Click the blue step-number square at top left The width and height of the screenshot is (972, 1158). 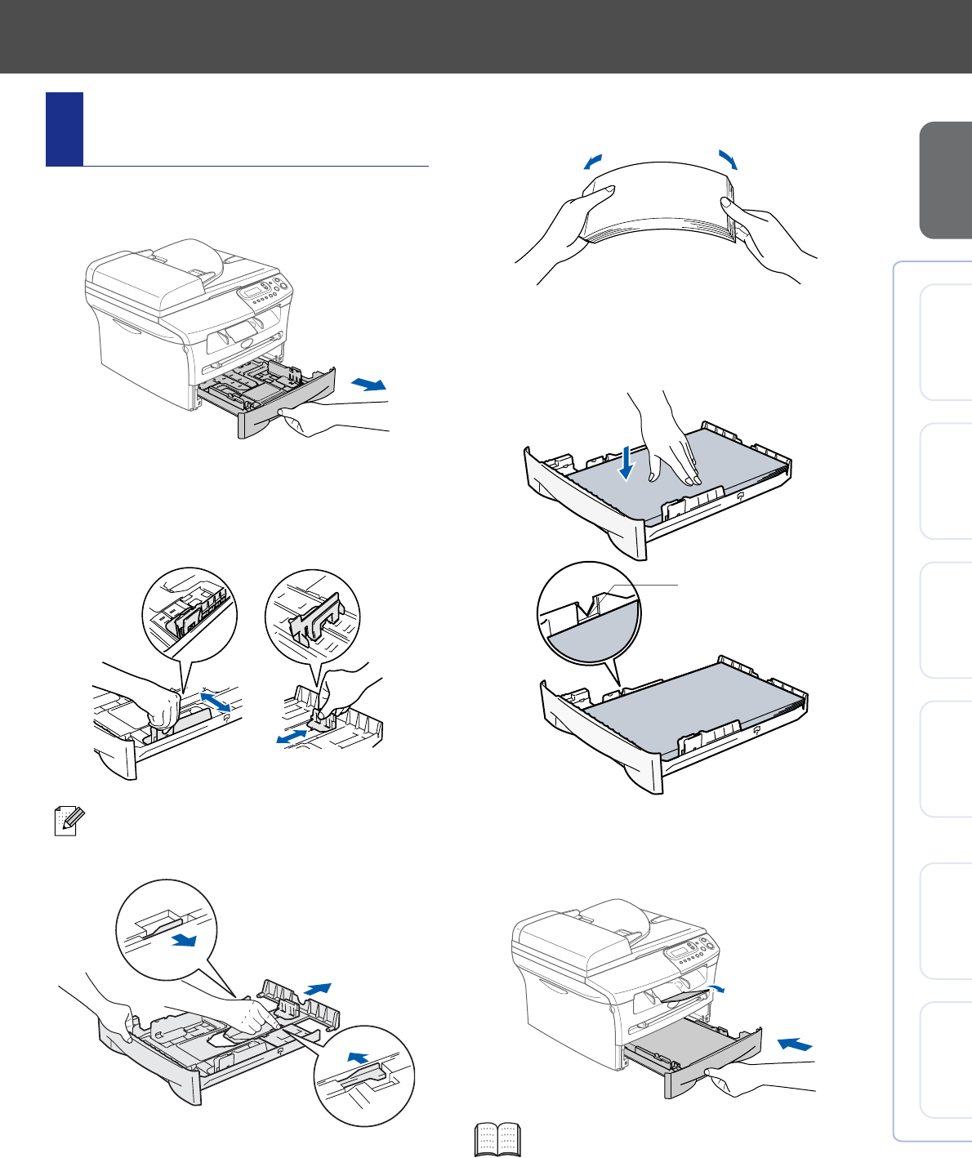coord(65,129)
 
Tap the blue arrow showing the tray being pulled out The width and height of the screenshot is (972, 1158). coord(368,384)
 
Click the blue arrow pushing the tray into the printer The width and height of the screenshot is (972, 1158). coord(795,1044)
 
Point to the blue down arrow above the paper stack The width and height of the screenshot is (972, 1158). coord(626,461)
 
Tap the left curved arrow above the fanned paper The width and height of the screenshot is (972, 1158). coord(595,161)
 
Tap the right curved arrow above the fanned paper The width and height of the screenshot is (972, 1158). coord(727,159)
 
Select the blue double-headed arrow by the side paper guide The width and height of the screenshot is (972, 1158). coord(216,701)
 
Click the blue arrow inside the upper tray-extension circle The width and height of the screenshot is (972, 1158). coord(187,941)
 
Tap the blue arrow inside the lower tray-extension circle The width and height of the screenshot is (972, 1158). coord(358,1058)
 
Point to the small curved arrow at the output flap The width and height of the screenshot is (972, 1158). coord(716,989)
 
